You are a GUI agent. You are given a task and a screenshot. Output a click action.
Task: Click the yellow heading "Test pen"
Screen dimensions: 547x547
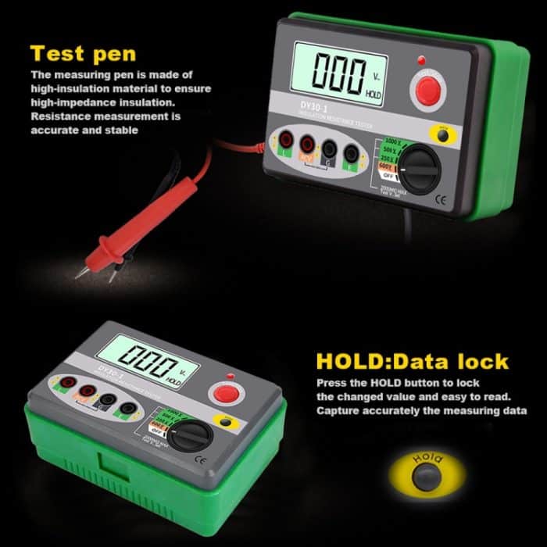[x=82, y=54]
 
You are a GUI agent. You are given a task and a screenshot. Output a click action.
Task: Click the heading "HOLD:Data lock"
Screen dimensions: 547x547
[x=412, y=361]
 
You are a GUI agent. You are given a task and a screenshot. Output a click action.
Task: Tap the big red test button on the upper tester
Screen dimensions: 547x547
[x=427, y=91]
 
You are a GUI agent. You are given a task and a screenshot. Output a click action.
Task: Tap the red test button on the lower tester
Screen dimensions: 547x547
[x=227, y=393]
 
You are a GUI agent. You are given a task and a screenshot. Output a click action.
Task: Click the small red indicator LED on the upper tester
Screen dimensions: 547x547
[x=421, y=59]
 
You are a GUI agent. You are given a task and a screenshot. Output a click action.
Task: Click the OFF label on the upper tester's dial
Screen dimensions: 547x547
[x=388, y=176]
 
